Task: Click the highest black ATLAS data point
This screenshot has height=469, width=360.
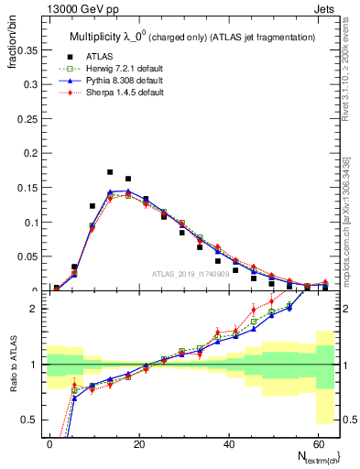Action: tap(110, 172)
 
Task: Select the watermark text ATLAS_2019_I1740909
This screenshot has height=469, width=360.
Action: tap(190, 274)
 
